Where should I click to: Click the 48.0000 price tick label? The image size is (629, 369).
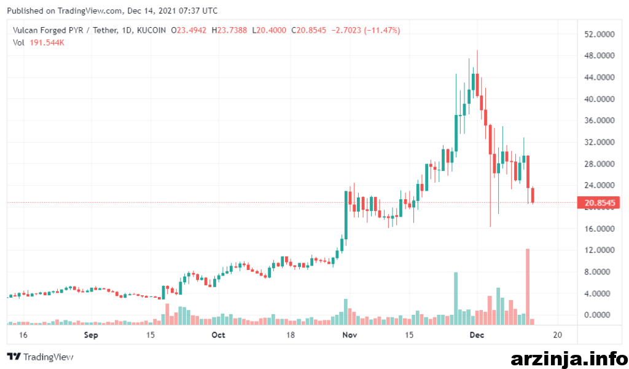click(x=600, y=55)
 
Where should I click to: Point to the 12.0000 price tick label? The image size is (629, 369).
click(x=600, y=250)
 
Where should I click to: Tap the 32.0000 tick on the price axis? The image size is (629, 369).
click(x=600, y=142)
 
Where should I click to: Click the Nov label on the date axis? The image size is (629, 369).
click(x=350, y=335)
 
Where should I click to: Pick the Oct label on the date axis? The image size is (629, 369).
click(x=218, y=335)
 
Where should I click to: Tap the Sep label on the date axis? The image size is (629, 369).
click(x=91, y=335)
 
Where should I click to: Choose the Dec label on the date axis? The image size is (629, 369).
click(x=477, y=335)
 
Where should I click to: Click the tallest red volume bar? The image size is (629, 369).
click(x=528, y=287)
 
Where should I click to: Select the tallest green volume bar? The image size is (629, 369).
click(x=456, y=298)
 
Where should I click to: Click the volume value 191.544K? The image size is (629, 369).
click(x=47, y=42)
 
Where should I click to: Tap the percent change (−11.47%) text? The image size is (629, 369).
click(x=382, y=30)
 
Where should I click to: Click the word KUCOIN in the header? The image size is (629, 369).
click(x=151, y=30)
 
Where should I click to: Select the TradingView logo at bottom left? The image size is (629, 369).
click(x=41, y=357)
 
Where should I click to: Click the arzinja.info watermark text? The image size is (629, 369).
click(x=569, y=359)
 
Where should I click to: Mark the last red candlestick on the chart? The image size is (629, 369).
click(x=533, y=196)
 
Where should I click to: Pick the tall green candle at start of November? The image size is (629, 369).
click(x=346, y=215)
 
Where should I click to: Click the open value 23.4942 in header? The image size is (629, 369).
click(x=192, y=30)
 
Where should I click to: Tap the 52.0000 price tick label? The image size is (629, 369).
click(x=600, y=34)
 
